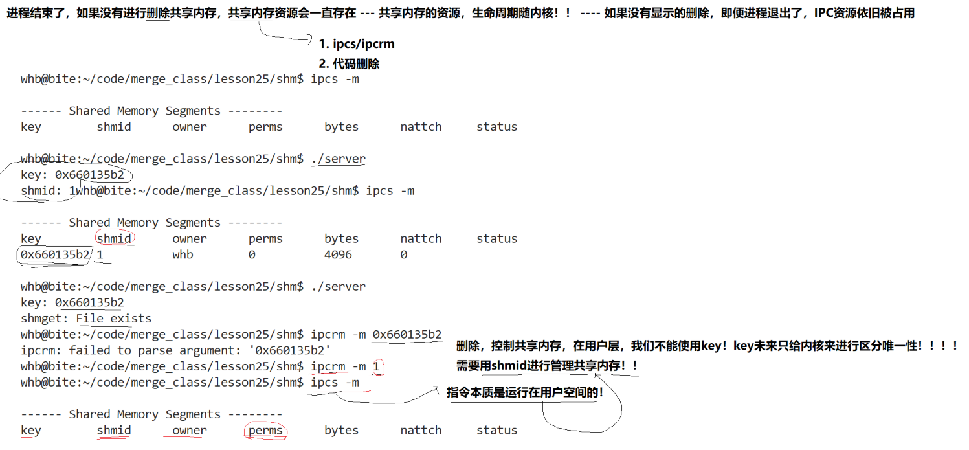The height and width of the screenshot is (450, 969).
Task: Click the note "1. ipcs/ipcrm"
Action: [x=356, y=44]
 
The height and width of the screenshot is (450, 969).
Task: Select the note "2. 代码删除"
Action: [x=349, y=64]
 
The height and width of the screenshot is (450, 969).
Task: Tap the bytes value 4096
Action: [x=338, y=254]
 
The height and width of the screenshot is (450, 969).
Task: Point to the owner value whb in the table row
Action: [x=183, y=254]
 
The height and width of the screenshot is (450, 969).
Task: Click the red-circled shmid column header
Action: [x=114, y=239]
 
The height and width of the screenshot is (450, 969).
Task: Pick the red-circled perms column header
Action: [x=265, y=431]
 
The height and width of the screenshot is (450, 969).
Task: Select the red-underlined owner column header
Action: [x=190, y=431]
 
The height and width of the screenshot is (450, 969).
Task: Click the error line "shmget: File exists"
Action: [x=86, y=319]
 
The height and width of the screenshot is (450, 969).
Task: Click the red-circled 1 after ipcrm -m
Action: [x=377, y=366]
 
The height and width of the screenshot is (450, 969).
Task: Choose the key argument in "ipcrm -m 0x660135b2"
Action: [x=407, y=335]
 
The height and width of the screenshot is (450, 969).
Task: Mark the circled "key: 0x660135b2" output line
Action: [x=72, y=175]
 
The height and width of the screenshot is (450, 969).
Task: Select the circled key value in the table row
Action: [x=55, y=254]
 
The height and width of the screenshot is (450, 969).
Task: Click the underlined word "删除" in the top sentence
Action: [x=157, y=13]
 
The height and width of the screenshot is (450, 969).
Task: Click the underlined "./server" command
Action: [x=338, y=159]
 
